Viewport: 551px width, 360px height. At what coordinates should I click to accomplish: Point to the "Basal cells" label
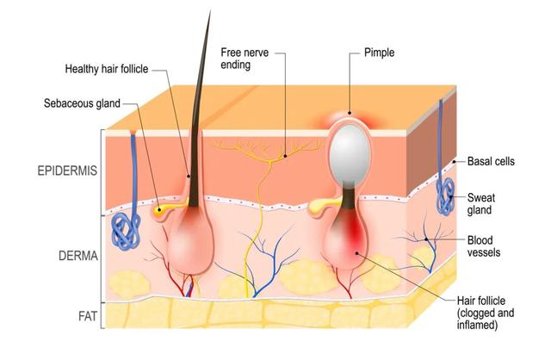(492, 161)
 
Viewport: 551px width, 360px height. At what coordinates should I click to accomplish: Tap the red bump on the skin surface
(349, 116)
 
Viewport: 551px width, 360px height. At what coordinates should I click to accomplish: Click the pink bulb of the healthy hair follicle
(195, 242)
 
